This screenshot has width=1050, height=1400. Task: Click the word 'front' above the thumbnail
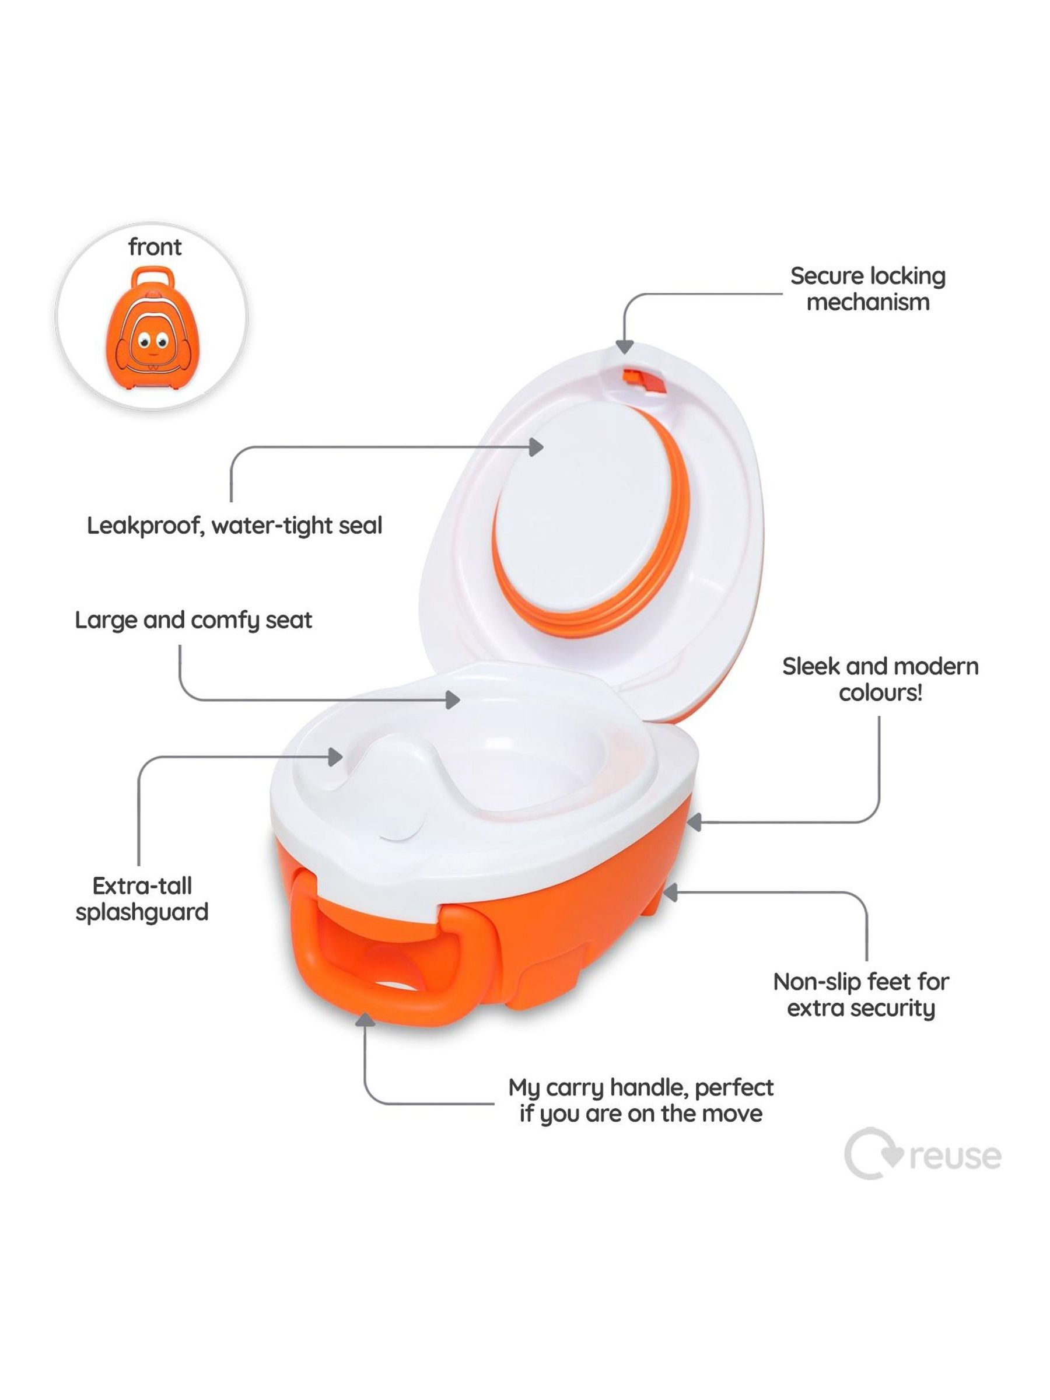pyautogui.click(x=155, y=247)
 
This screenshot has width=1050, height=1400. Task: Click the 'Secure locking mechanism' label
pyautogui.click(x=868, y=289)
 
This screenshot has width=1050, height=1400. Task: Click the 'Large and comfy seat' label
pyautogui.click(x=193, y=620)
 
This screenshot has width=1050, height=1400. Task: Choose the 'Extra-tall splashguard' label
pyautogui.click(x=142, y=899)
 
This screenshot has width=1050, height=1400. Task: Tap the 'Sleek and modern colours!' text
pyautogui.click(x=880, y=679)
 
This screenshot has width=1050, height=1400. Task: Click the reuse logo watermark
pyautogui.click(x=922, y=1154)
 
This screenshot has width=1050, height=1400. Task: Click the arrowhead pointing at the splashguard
pyautogui.click(x=335, y=757)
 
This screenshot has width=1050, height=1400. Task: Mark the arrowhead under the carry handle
pyautogui.click(x=365, y=1019)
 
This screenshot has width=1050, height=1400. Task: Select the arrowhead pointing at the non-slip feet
pyautogui.click(x=670, y=892)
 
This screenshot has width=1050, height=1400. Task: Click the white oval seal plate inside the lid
pyautogui.click(x=582, y=519)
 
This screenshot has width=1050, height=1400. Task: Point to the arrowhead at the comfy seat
pyautogui.click(x=453, y=700)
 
